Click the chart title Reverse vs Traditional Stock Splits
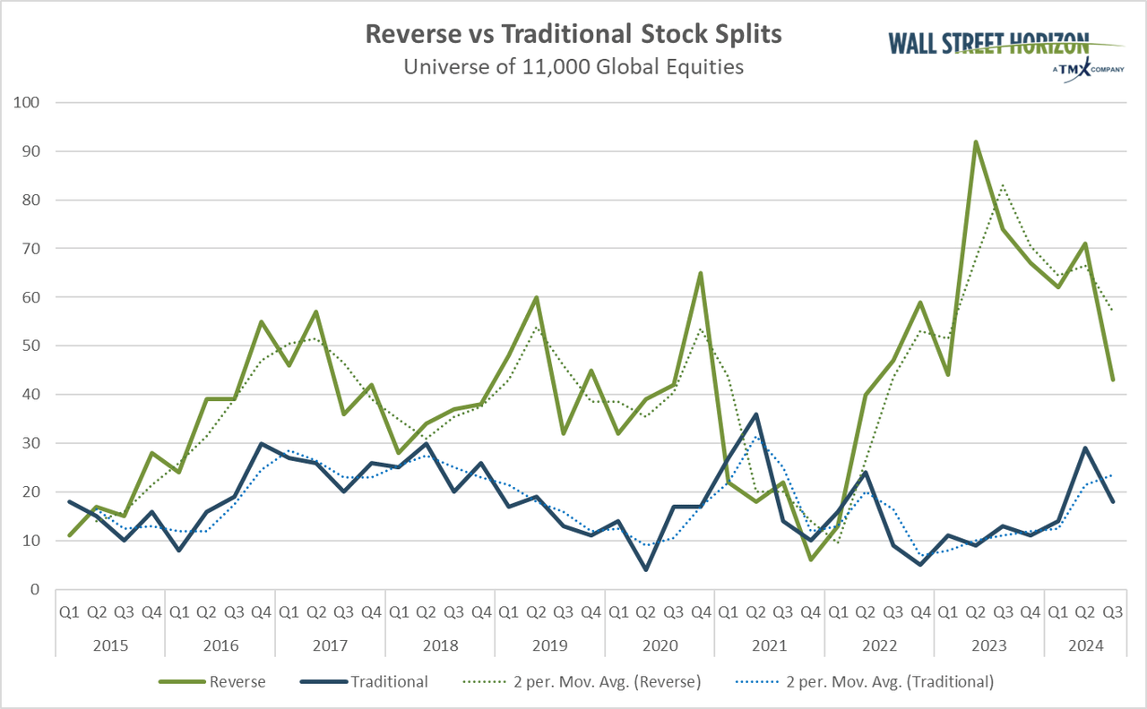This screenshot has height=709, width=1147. (573, 34)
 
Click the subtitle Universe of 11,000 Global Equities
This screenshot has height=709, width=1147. (573, 67)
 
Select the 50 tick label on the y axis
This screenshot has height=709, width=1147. (31, 346)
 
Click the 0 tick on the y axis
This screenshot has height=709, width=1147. (35, 589)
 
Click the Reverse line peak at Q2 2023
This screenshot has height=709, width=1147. (976, 141)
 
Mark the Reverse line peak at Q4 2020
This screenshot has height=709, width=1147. (700, 273)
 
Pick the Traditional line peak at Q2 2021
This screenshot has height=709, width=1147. (755, 414)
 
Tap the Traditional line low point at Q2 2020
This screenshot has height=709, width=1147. (645, 569)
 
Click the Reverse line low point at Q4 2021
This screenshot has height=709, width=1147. (810, 560)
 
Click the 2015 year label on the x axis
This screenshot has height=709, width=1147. (110, 645)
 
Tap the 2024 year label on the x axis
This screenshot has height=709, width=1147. (1086, 645)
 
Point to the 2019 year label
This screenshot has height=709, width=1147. (549, 645)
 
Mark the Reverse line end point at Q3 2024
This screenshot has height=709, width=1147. (1113, 380)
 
